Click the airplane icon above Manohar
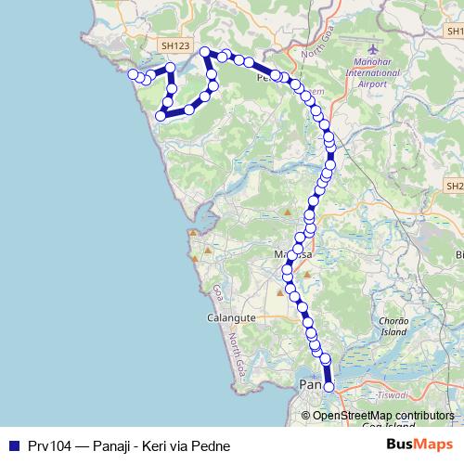(373, 48)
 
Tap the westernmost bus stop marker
(133, 74)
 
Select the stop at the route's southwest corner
(161, 116)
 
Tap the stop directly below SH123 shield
(171, 68)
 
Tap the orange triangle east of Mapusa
(306, 275)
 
